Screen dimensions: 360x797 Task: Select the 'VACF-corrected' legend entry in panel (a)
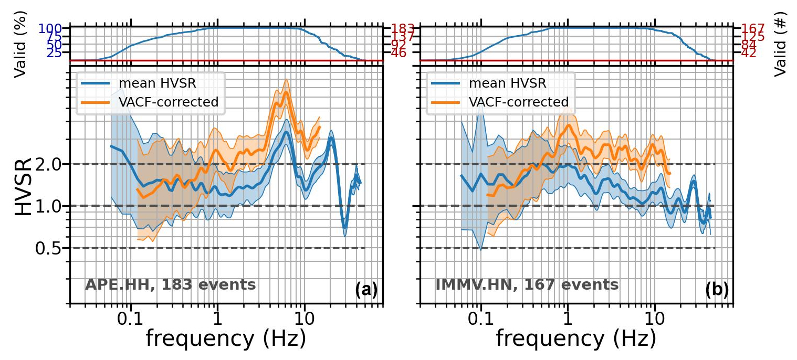[x=168, y=102]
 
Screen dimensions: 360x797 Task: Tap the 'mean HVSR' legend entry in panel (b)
[x=507, y=83]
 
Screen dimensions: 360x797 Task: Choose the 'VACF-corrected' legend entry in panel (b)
[x=519, y=102]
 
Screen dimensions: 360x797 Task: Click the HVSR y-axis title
[x=23, y=186]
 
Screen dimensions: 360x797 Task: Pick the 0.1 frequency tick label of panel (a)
[x=130, y=319]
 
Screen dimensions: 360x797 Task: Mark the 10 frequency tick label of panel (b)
[x=654, y=319]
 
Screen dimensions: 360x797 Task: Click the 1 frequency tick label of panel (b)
[x=567, y=319]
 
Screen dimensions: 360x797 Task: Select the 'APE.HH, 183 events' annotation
[x=171, y=285]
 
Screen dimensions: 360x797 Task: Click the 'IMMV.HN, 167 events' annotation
[x=527, y=285]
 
